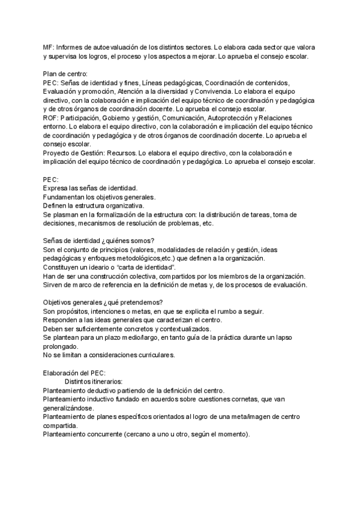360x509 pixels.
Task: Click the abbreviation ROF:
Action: tap(52, 118)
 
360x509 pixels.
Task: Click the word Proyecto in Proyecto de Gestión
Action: tap(58, 152)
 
